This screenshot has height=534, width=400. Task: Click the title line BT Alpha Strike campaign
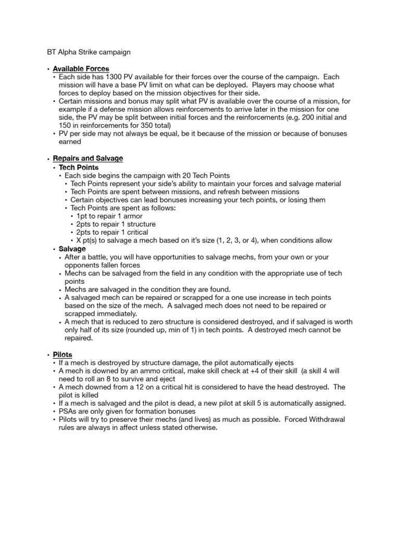coord(86,52)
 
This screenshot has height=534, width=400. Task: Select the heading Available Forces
coord(81,69)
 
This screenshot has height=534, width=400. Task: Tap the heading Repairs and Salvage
coord(88,158)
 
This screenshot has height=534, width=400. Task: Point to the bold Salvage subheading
coord(72,249)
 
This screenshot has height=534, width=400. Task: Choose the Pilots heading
coord(63,355)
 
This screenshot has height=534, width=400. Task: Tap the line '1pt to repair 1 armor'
coord(109,216)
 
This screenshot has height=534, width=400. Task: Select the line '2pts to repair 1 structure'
coord(116,224)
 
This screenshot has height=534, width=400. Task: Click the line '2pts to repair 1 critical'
coord(112,232)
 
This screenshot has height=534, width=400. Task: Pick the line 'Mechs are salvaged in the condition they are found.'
coord(147,289)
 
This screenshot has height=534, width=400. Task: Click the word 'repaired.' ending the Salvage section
coord(79,338)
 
